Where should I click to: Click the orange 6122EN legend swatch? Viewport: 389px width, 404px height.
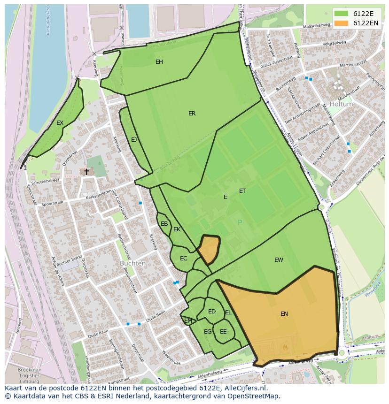click(342, 23)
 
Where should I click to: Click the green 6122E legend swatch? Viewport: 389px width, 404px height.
click(342, 14)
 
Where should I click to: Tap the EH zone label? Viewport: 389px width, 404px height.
click(159, 62)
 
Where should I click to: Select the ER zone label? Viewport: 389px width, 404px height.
click(192, 114)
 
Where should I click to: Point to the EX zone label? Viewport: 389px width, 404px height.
click(60, 123)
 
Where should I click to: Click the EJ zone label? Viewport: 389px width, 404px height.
click(134, 140)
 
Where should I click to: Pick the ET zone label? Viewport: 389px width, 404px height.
click(242, 191)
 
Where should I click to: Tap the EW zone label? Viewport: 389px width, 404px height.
click(279, 260)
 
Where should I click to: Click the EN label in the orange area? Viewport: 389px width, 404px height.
click(284, 314)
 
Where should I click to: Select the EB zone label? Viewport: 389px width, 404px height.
click(164, 224)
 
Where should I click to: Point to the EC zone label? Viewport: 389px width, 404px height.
click(183, 259)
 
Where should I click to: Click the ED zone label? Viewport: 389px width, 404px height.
click(212, 312)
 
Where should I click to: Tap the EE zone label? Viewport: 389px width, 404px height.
click(223, 332)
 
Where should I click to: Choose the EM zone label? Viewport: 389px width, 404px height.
click(188, 321)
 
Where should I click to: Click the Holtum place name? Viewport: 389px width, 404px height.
click(341, 104)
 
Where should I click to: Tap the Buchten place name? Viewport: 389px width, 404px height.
click(132, 263)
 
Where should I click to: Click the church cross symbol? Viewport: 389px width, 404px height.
click(86, 172)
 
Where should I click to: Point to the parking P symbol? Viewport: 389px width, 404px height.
click(240, 223)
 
